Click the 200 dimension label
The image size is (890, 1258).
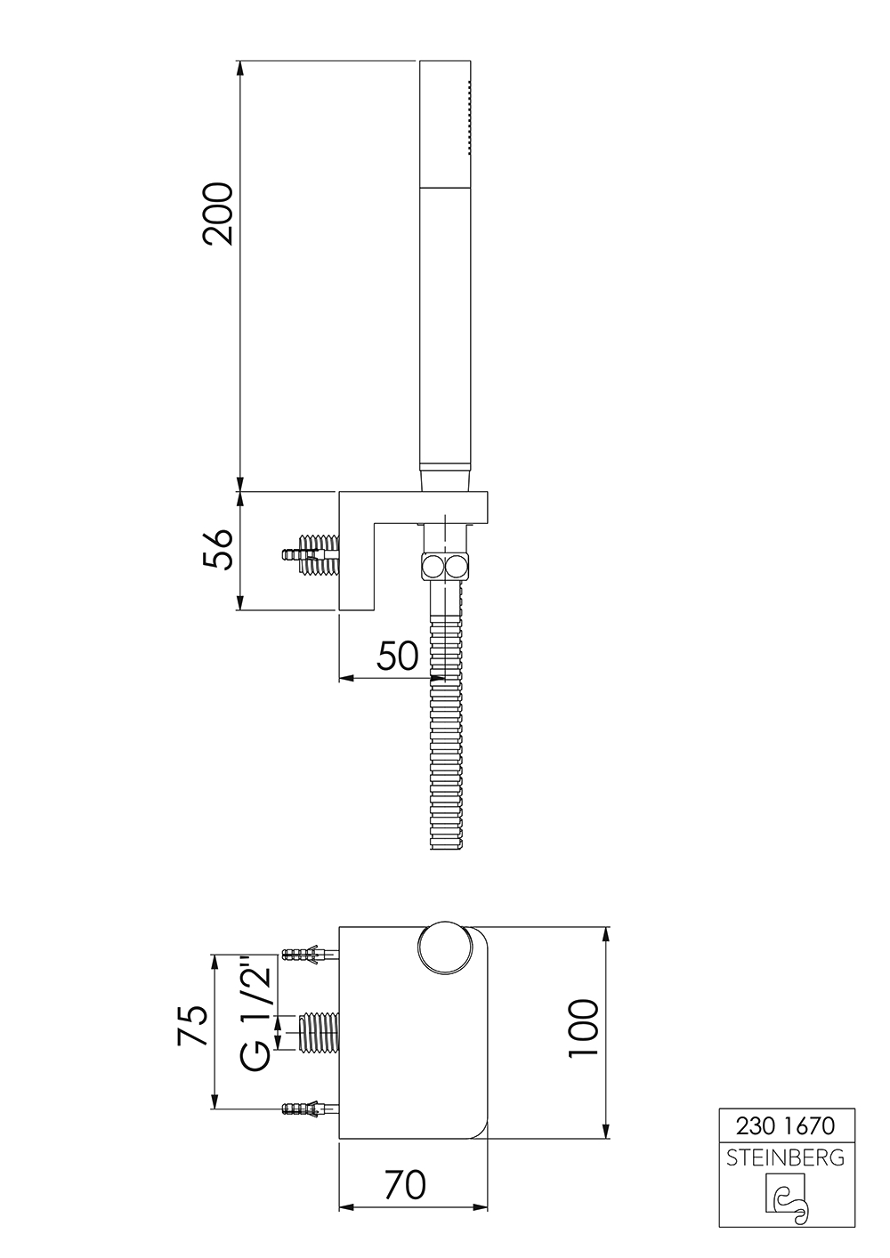coord(217,214)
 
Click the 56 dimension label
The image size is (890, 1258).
coord(217,549)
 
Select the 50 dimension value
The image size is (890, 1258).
coord(397,656)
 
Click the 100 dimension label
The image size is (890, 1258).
coord(583,1028)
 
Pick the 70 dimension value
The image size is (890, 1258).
coord(405,1184)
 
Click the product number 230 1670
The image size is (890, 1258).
coord(786,1125)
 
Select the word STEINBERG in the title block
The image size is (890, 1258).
coord(786,1157)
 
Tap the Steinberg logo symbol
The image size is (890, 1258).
coord(787,1197)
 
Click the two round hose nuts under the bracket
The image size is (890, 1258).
coord(446,565)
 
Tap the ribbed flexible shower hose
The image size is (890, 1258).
coord(447,730)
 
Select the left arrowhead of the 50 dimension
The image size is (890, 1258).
coord(346,678)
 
